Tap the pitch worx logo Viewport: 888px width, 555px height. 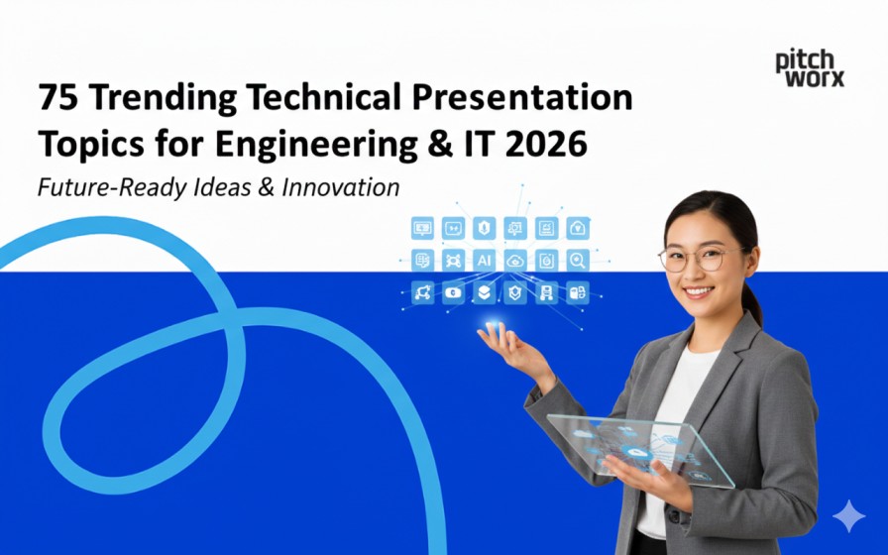[x=809, y=69]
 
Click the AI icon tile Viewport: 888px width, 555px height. [x=484, y=260]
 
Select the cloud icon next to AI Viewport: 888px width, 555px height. [x=515, y=260]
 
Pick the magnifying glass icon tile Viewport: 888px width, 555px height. [x=577, y=260]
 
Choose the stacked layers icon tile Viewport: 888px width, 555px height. [x=484, y=292]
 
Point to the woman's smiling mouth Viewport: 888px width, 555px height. [x=698, y=292]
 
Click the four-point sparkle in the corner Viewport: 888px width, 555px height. [x=847, y=516]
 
